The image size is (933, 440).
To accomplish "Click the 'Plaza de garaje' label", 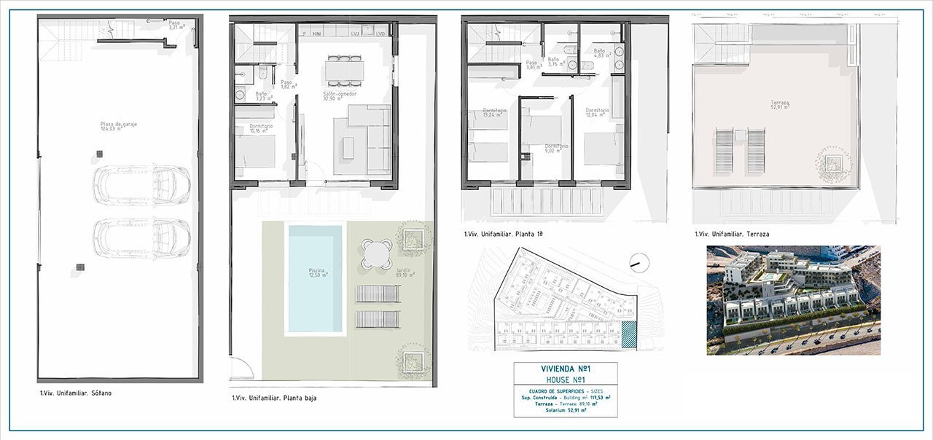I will [119, 125].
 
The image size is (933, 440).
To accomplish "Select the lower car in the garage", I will [141, 237].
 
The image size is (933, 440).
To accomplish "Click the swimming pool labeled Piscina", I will [315, 278].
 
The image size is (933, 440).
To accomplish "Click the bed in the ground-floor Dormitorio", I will [255, 152].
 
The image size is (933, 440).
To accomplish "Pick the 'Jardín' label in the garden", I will [404, 272].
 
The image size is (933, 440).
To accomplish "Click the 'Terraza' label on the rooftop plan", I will [764, 103].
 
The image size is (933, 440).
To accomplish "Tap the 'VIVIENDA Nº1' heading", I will [565, 369].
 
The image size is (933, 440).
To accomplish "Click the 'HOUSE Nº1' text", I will [565, 380].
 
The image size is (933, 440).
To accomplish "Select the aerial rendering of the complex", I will [793, 299].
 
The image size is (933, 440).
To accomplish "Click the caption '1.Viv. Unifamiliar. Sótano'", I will [75, 393].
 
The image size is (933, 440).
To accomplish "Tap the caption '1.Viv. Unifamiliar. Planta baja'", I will [274, 398].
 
